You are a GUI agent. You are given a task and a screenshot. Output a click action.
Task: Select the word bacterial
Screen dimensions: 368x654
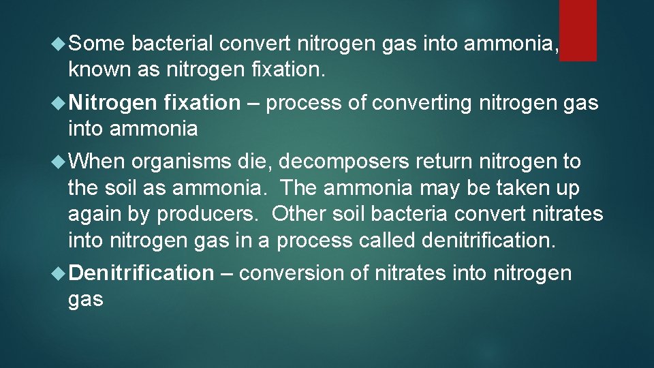(x=174, y=44)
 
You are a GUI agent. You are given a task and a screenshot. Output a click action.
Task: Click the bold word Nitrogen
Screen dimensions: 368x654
(x=113, y=103)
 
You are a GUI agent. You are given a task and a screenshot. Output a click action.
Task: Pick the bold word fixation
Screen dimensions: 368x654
(x=202, y=103)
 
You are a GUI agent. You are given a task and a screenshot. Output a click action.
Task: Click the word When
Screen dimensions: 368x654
(x=97, y=162)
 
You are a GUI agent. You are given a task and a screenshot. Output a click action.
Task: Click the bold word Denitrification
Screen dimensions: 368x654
(x=141, y=273)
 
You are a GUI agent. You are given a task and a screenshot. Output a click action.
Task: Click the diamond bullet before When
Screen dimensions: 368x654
(x=59, y=162)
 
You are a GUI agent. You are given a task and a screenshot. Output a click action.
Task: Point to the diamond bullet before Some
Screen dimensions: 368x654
(x=59, y=44)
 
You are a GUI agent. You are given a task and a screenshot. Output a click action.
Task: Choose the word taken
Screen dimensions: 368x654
(x=522, y=187)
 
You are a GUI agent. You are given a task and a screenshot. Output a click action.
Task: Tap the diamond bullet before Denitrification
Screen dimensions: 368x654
(x=59, y=273)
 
